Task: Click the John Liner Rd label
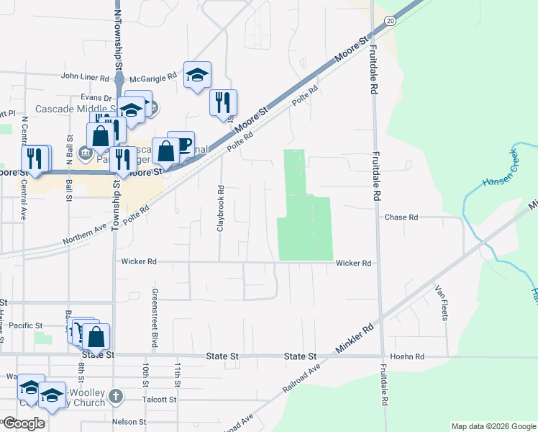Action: (x=85, y=76)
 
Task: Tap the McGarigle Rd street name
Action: (x=152, y=76)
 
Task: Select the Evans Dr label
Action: (x=97, y=97)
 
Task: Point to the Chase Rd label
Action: (x=401, y=217)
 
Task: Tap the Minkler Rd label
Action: (x=357, y=336)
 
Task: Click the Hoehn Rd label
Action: (x=407, y=356)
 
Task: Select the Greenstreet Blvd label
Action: (x=154, y=310)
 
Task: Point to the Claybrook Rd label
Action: (x=221, y=210)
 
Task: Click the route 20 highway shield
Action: (x=390, y=22)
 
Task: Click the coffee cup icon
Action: (x=181, y=143)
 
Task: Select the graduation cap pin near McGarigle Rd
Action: (x=197, y=74)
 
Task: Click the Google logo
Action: (x=24, y=423)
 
